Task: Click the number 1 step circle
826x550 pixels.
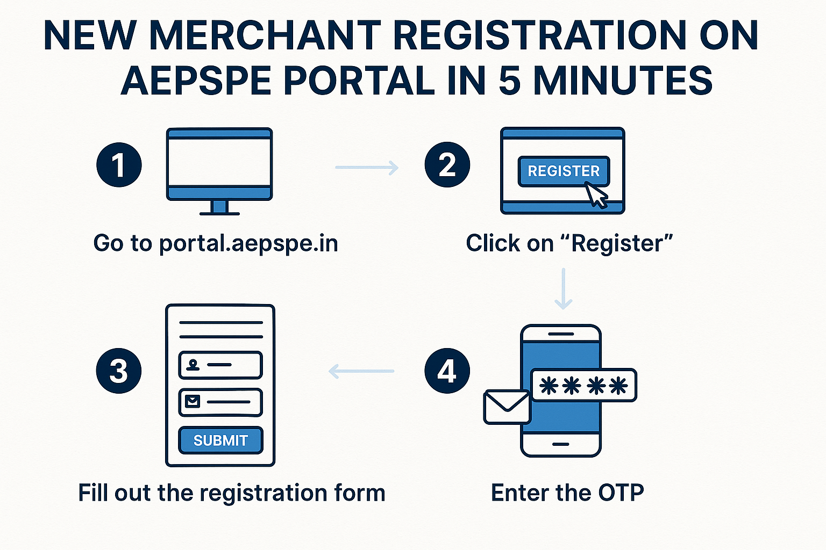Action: pos(119,165)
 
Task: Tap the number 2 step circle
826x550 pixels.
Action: pos(447,165)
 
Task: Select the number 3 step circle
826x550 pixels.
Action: pos(119,371)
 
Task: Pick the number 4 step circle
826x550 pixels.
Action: pos(447,371)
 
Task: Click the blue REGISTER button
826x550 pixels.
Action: pos(563,171)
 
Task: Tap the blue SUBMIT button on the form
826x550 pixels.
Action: pos(220,440)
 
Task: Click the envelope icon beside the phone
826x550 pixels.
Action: pos(507,407)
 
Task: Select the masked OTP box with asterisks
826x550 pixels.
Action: pos(583,386)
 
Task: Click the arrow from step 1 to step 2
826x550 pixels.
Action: pos(367,168)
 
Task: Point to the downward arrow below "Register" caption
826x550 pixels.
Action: pos(563,289)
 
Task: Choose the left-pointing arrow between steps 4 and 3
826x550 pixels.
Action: pos(361,371)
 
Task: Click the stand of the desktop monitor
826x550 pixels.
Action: pos(219,208)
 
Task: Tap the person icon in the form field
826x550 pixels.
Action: pos(193,365)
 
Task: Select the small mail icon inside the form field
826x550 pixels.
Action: pos(193,401)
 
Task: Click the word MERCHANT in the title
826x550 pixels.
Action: pos(265,36)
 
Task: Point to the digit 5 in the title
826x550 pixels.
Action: pos(509,81)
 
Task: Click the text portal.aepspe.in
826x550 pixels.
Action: pos(248,243)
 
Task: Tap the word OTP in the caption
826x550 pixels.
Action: pos(621,493)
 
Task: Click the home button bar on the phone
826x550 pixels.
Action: pos(560,444)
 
